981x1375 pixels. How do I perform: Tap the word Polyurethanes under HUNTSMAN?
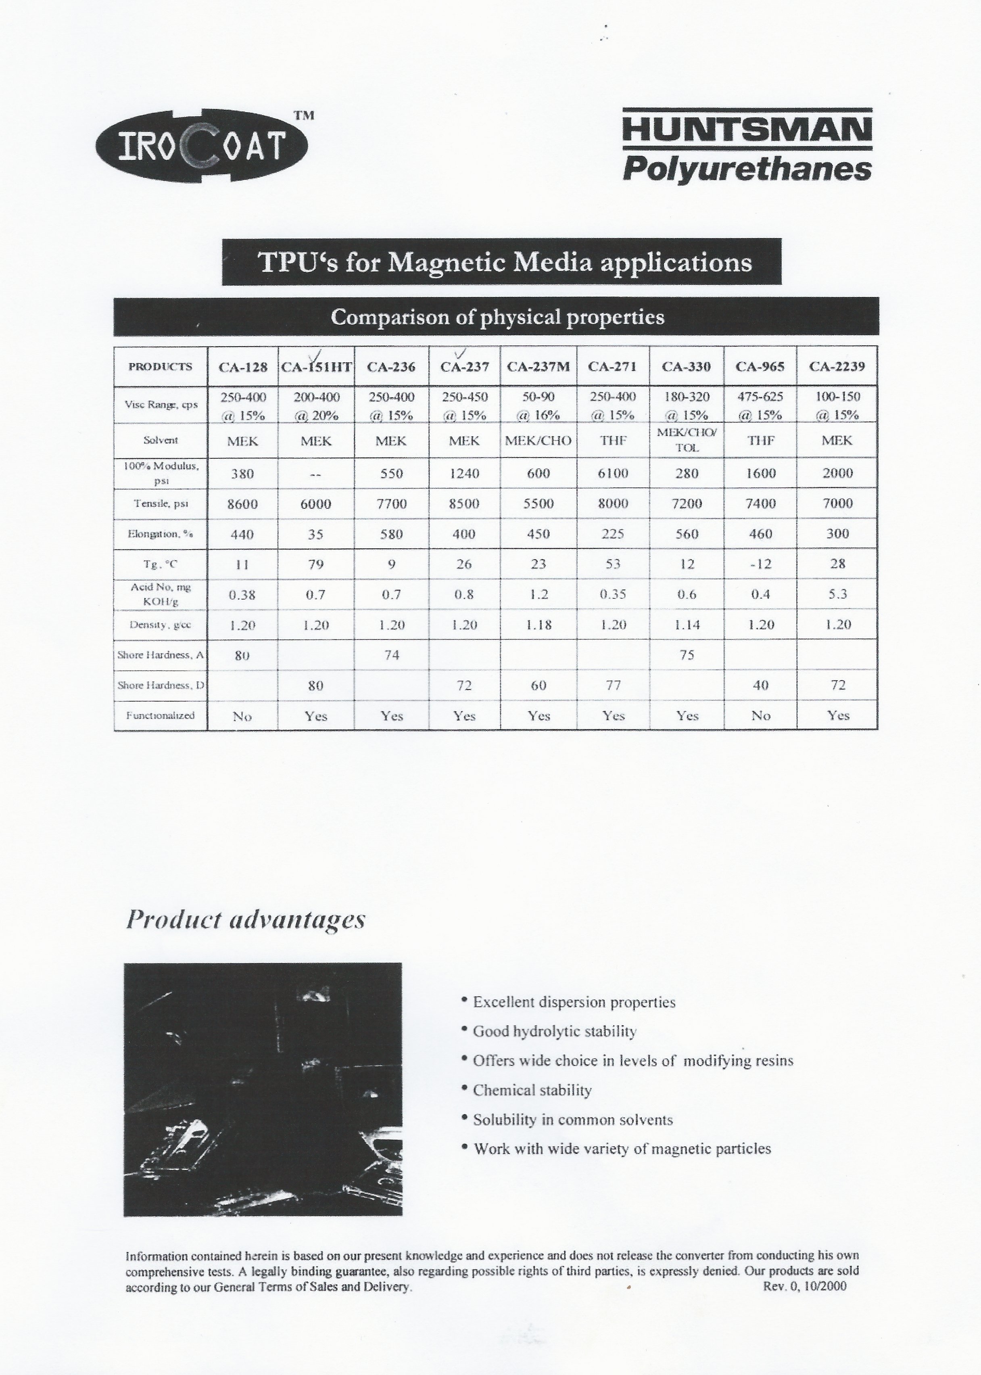[x=747, y=169]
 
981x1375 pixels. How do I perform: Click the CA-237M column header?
[x=538, y=366]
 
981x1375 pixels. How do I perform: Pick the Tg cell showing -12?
[x=760, y=564]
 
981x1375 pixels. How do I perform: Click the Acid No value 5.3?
[x=837, y=594]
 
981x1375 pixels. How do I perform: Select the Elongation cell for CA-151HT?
[x=315, y=534]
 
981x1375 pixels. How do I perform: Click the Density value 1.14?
[x=687, y=625]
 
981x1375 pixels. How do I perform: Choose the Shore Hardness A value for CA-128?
[x=242, y=655]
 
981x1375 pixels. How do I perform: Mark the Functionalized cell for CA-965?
[x=760, y=716]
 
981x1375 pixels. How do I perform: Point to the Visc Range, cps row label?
[x=160, y=405]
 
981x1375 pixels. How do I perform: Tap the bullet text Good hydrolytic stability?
[x=555, y=1031]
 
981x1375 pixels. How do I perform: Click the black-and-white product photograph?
[x=263, y=1089]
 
